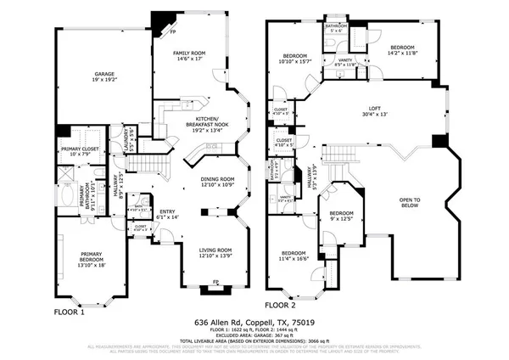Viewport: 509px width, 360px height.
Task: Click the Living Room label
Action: pyautogui.click(x=216, y=252)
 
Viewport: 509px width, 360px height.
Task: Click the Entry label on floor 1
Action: pyautogui.click(x=168, y=215)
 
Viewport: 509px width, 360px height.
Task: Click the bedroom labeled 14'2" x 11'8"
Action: pyautogui.click(x=402, y=50)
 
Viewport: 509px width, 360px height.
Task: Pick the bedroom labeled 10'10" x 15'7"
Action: pyautogui.click(x=295, y=57)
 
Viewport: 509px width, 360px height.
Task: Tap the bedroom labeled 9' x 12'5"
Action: pyautogui.click(x=341, y=216)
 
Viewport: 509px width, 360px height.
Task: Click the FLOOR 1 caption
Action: pyautogui.click(x=70, y=312)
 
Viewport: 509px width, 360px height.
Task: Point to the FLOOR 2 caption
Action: pyautogui.click(x=280, y=304)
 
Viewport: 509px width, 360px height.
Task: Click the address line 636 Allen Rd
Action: pyautogui.click(x=254, y=323)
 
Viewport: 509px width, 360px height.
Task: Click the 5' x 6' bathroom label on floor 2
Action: pyautogui.click(x=336, y=29)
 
